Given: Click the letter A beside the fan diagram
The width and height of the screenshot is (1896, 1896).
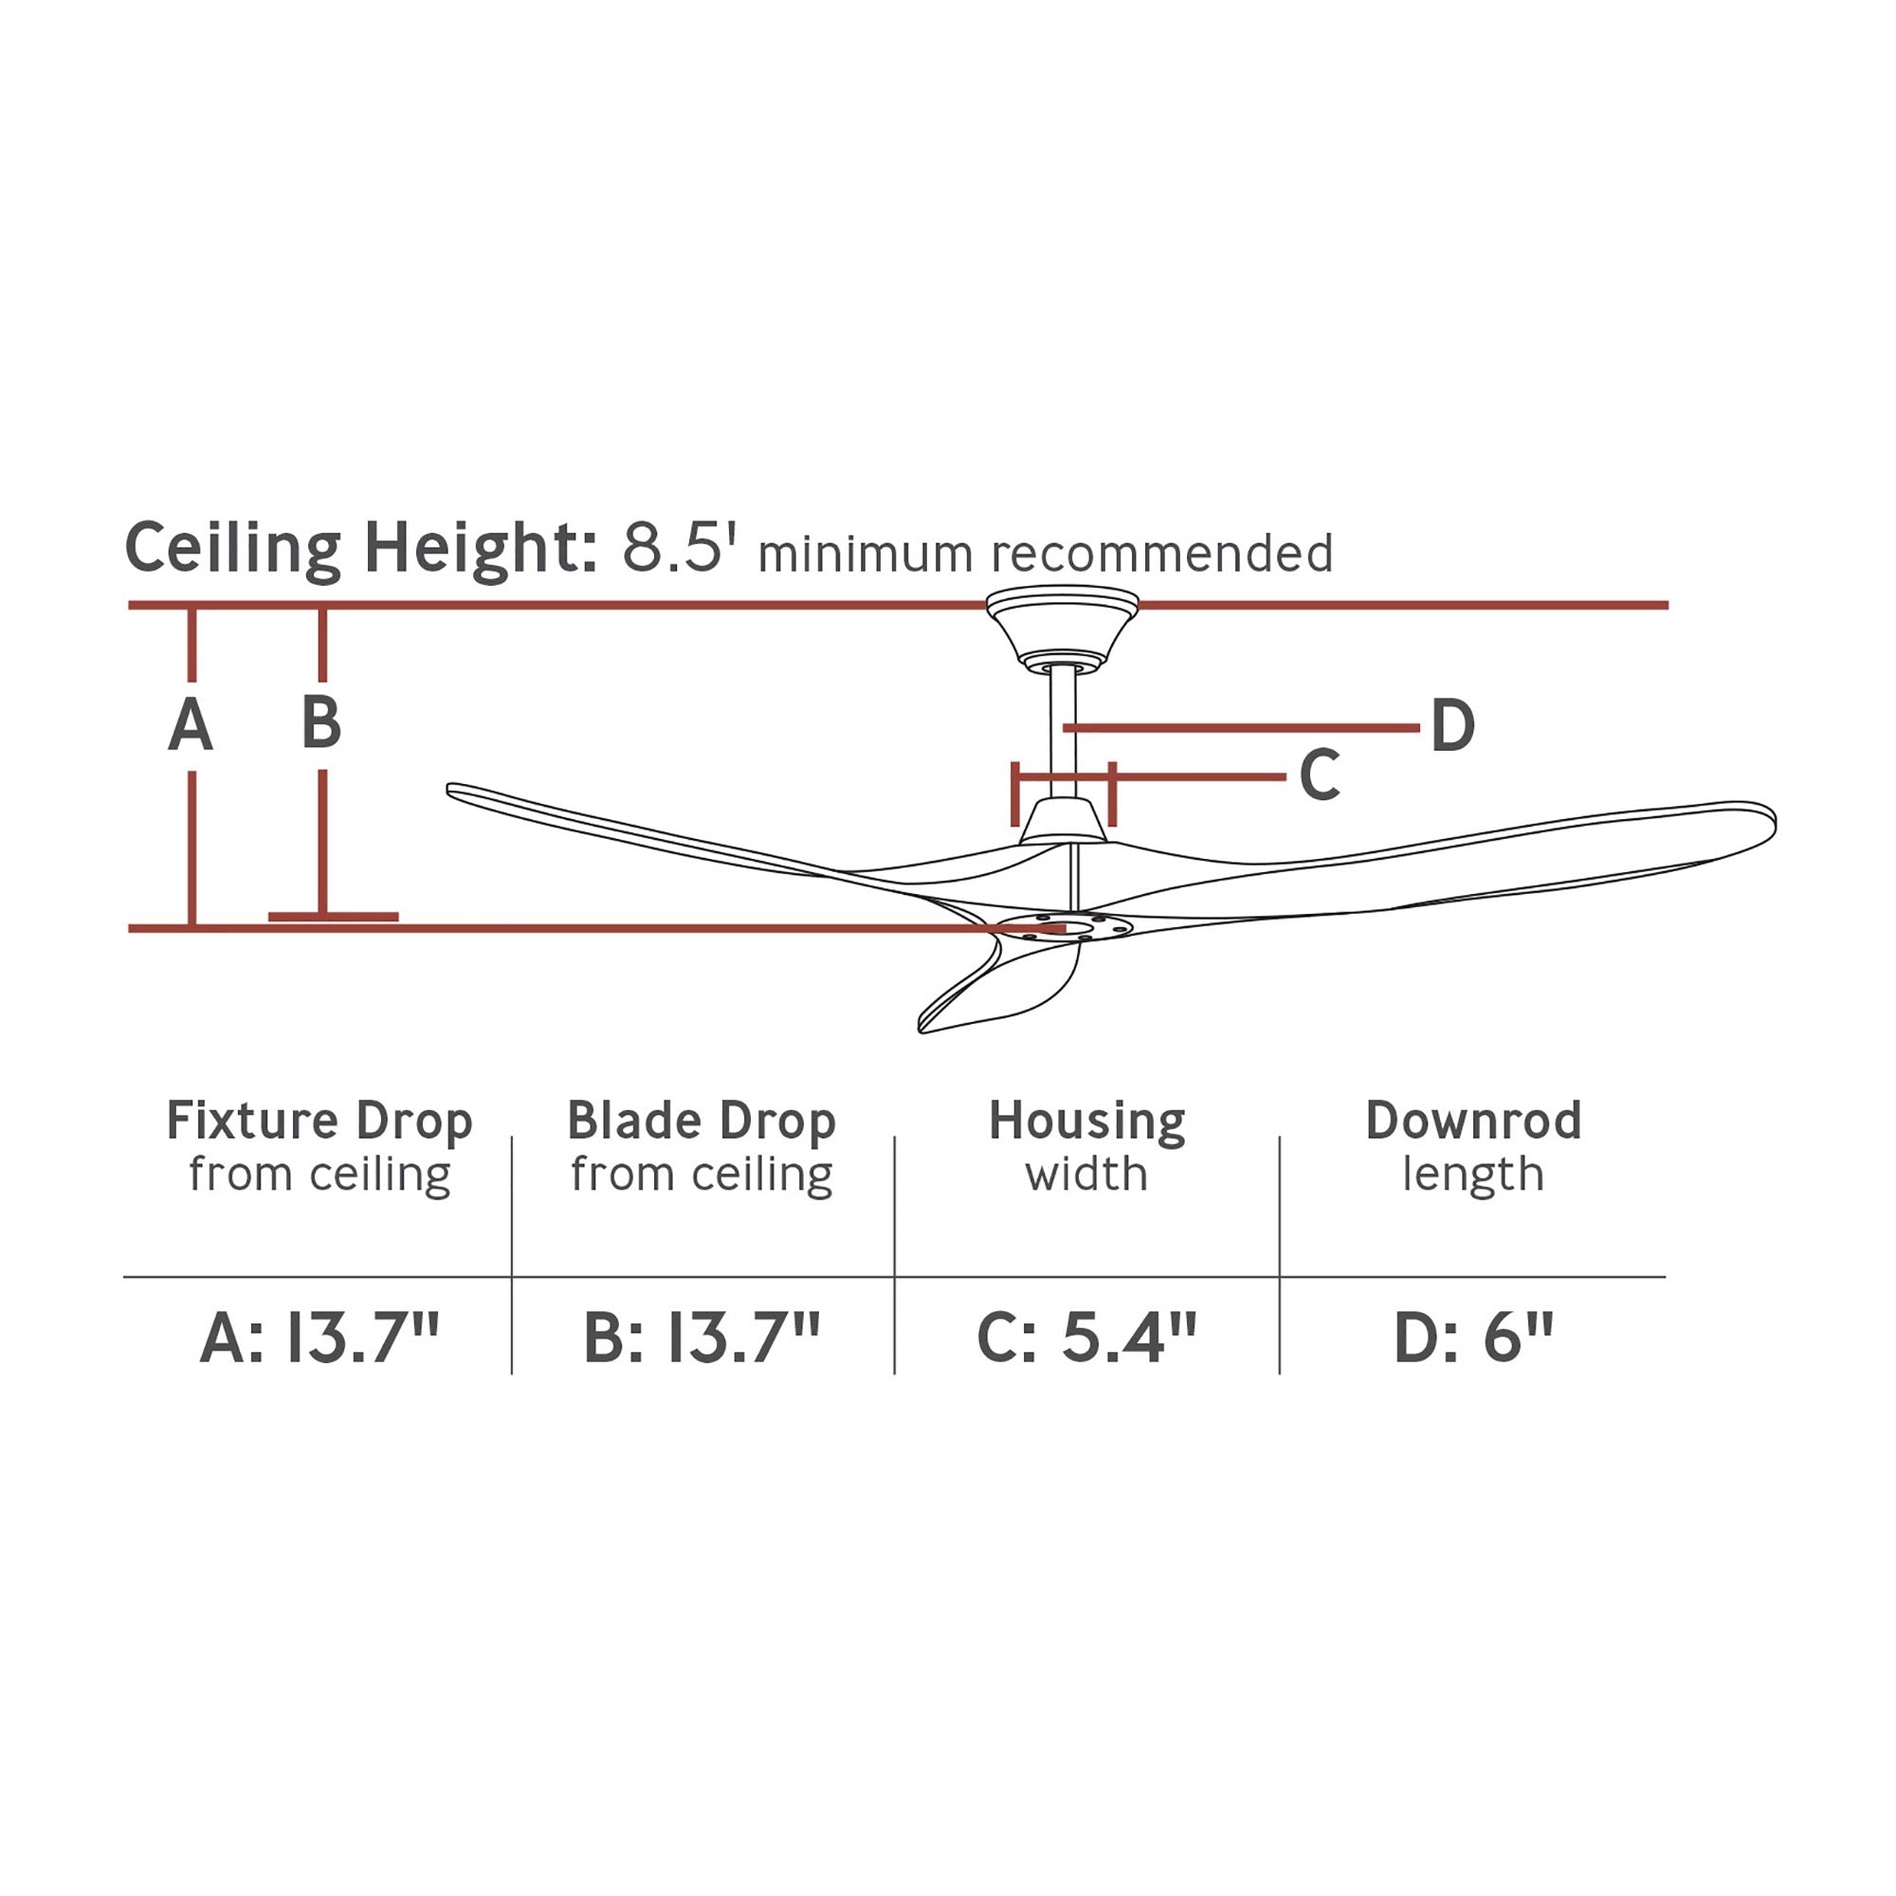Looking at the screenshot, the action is (191, 724).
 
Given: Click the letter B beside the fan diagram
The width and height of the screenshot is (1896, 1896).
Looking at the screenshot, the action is (322, 722).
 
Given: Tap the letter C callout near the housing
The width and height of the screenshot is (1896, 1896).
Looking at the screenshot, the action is (1320, 775).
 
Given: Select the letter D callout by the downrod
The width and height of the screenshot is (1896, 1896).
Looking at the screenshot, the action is (1453, 726).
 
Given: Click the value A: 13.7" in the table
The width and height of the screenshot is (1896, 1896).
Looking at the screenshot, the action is (319, 1337).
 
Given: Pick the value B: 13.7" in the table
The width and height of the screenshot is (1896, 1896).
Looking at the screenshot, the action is (702, 1337).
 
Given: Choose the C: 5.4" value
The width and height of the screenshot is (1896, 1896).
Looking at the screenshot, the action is (1086, 1337).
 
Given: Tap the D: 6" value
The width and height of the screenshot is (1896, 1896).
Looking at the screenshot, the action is (1473, 1337).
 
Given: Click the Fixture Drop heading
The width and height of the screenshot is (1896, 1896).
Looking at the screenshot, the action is (319, 1120).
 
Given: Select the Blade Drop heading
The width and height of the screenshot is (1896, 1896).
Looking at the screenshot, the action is (702, 1120).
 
